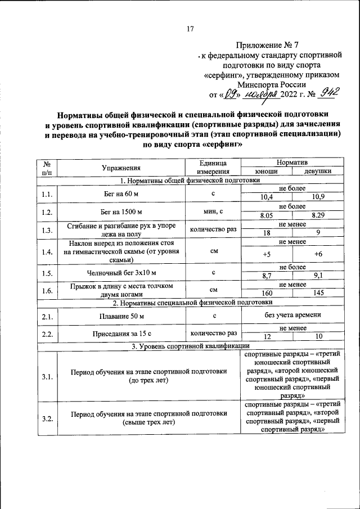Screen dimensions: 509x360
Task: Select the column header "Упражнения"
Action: click(x=121, y=167)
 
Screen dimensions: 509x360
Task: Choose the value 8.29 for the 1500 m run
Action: click(x=318, y=215)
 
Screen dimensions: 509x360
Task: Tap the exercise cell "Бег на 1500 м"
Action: click(x=121, y=211)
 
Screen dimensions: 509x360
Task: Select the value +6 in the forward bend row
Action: click(x=318, y=255)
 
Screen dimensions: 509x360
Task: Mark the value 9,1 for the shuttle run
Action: click(x=318, y=276)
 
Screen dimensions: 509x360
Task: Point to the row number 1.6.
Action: click(x=47, y=290)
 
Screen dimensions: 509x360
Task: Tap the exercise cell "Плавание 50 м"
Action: click(x=121, y=317)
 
